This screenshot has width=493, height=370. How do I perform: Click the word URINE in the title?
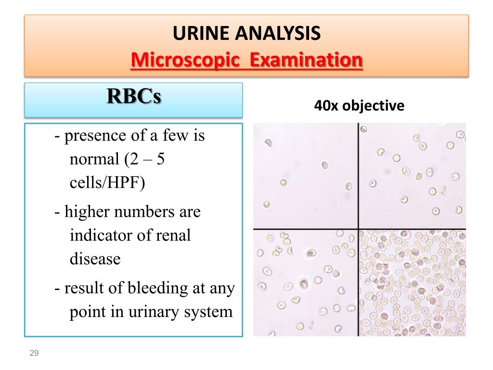[x=201, y=33]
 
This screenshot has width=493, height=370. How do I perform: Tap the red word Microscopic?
[x=185, y=60]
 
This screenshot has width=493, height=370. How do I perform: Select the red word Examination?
[x=306, y=59]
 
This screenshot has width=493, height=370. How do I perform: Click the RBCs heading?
[x=134, y=96]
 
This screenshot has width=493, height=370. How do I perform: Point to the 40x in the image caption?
[x=326, y=106]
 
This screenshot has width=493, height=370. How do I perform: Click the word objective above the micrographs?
[x=373, y=106]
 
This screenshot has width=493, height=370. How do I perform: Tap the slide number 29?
[x=34, y=353]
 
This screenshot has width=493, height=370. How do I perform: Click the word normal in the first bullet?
[x=94, y=159]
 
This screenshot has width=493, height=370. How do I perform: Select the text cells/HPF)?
[x=107, y=182]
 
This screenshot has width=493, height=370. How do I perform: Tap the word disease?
[x=95, y=259]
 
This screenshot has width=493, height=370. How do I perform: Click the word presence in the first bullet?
[x=95, y=136]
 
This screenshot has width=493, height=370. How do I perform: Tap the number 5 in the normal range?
[x=160, y=159]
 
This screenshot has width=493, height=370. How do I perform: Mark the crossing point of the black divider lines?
[x=358, y=229]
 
